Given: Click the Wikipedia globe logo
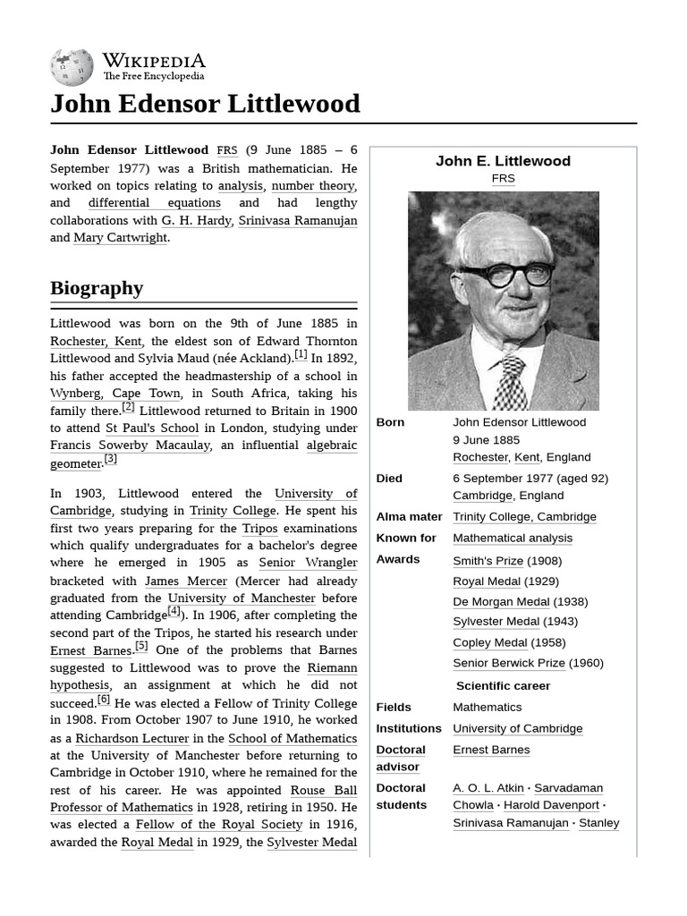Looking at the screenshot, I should pos(72,68).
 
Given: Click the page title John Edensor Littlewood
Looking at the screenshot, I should pos(205,104).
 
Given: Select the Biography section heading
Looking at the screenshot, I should pos(97,288).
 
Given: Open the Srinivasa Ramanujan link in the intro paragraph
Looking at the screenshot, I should pos(297,221).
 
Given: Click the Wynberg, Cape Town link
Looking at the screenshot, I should pos(116,394).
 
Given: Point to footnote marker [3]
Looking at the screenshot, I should pos(110,460).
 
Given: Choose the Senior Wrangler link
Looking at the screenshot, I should pos(308,563).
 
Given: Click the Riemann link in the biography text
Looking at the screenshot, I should pos(332,668).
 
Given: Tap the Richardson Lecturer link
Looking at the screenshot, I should pos(132,738).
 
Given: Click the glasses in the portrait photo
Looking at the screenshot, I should pos(505,275).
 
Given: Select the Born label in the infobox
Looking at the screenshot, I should pos(390,422).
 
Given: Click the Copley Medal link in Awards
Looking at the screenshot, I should pos(490,642).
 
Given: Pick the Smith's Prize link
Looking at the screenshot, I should pos(488,561).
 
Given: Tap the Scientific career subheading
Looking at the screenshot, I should pos(503,686).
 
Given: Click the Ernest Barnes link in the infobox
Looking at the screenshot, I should pos(491,750).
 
